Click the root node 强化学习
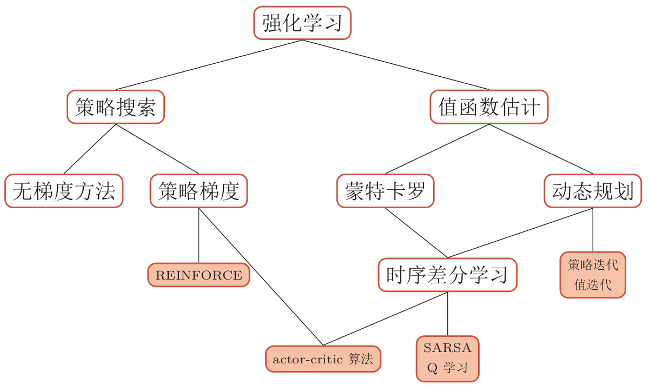(x=302, y=23)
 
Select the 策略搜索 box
(x=115, y=107)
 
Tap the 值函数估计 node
(x=489, y=107)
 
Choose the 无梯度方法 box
(x=64, y=191)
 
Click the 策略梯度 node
(x=198, y=191)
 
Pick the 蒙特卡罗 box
(x=385, y=191)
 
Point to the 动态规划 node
(x=593, y=191)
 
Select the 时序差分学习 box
(x=447, y=275)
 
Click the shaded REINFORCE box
(x=198, y=275)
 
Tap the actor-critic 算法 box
(x=323, y=359)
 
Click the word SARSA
(x=447, y=348)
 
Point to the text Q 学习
(x=447, y=368)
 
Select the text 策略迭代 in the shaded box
(x=593, y=265)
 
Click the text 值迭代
(x=593, y=285)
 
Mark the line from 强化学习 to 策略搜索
(x=209, y=65)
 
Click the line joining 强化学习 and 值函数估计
(x=396, y=65)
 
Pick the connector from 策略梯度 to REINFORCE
(x=198, y=235)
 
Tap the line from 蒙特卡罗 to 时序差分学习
(x=416, y=233)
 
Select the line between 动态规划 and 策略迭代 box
(x=593, y=230)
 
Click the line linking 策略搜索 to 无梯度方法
(x=89, y=149)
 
